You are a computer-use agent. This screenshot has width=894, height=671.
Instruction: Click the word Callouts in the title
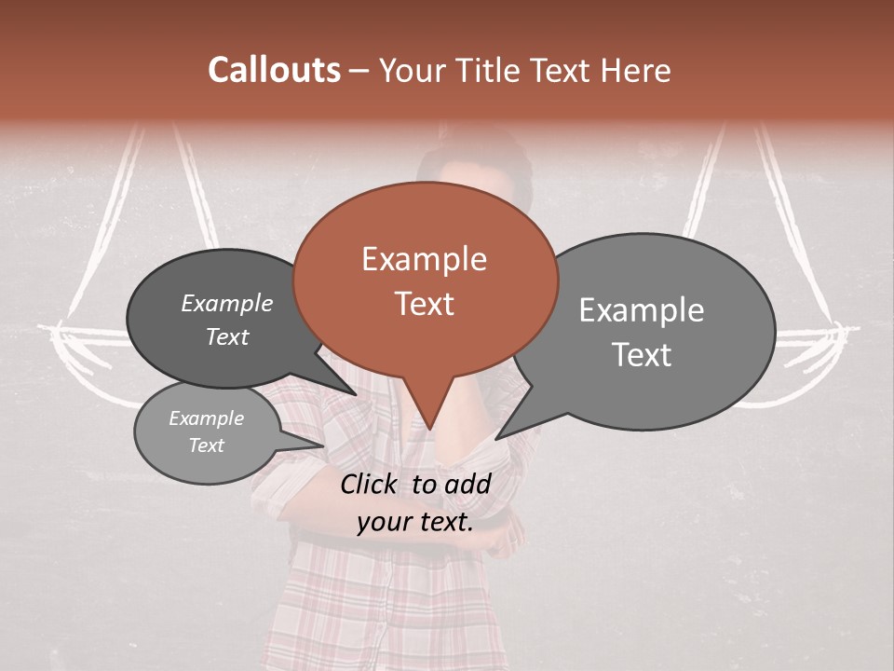coord(274,70)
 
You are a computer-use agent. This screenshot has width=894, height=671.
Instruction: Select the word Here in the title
coord(634,70)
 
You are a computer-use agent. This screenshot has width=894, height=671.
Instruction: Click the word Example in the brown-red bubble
coord(424,259)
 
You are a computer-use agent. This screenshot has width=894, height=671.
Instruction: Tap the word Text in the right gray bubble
coord(643,355)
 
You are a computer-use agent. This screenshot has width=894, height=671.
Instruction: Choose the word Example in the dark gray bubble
coord(227,304)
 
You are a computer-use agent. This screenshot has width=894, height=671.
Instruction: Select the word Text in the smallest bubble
coord(207,445)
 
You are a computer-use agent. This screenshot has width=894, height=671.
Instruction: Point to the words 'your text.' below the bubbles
coord(414,522)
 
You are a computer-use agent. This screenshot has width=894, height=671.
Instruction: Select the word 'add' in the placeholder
coord(467,484)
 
